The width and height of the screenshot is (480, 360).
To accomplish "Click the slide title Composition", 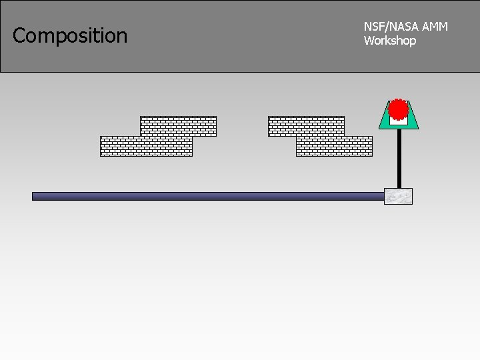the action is [x=70, y=35].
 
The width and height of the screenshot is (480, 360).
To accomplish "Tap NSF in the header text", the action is [x=372, y=27].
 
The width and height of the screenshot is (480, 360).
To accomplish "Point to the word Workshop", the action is [x=390, y=41].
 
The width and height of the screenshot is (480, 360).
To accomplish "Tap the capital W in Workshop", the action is [x=369, y=41].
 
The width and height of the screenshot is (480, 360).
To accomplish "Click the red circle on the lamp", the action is [x=398, y=109].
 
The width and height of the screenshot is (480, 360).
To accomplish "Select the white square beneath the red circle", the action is [x=398, y=121].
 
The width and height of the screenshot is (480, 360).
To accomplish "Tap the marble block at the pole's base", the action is [x=398, y=197].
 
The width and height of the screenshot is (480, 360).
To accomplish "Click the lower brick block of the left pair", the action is [x=146, y=146].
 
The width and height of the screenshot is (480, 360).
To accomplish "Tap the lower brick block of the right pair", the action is [x=334, y=146].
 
